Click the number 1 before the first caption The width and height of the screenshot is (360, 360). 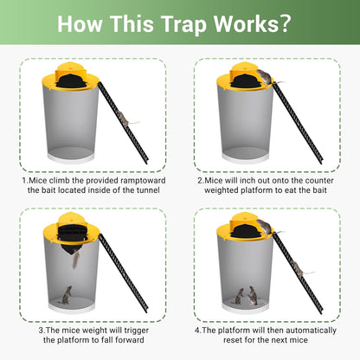pyautogui.click(x=25, y=180)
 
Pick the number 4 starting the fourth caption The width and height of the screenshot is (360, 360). pyautogui.click(x=197, y=331)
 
